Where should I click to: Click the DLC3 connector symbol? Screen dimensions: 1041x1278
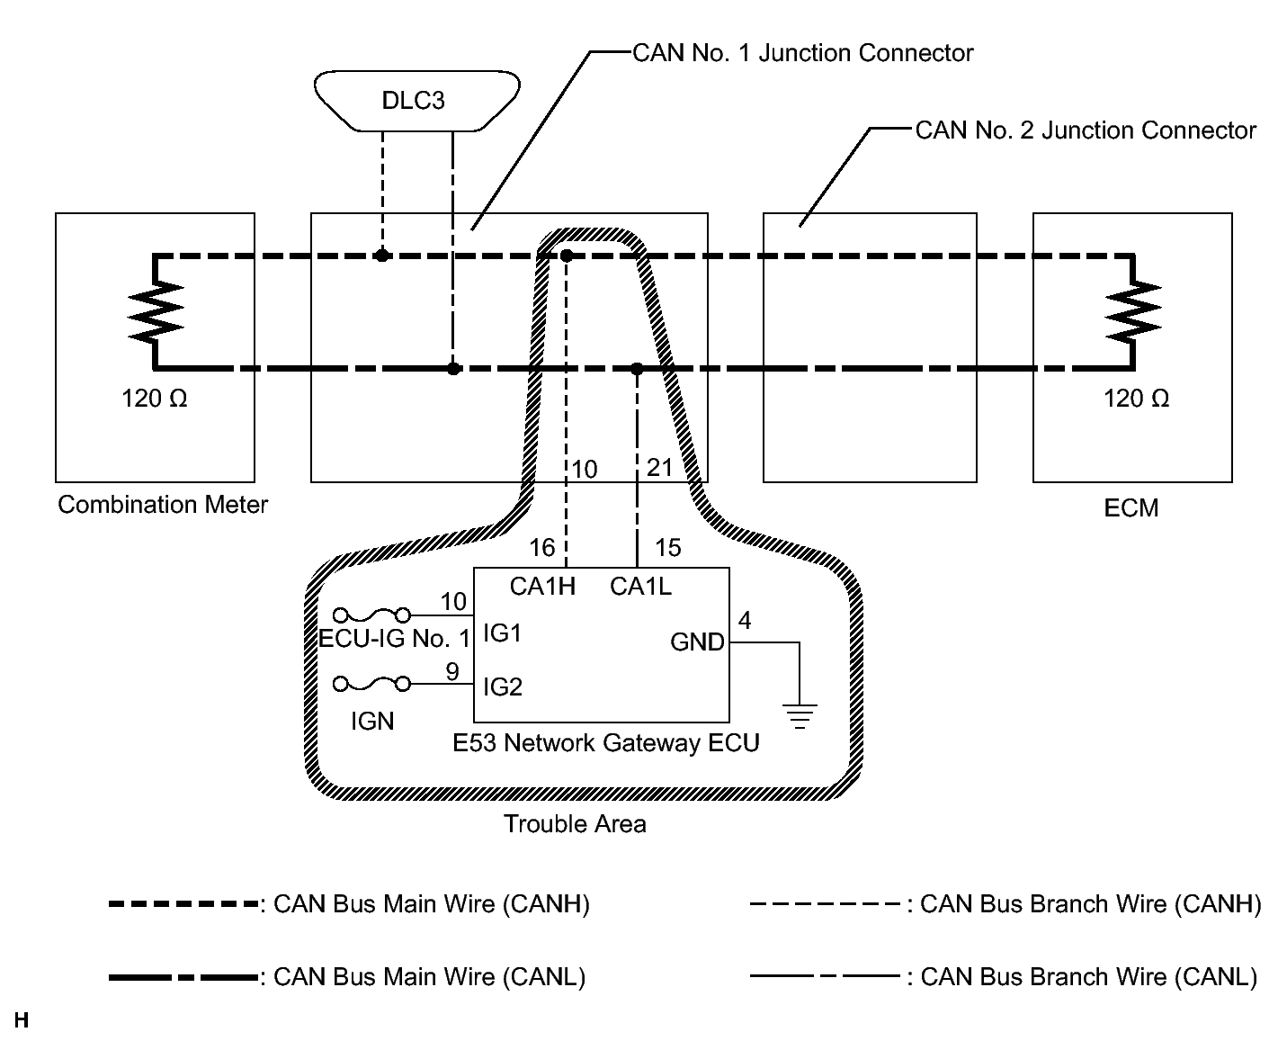[416, 100]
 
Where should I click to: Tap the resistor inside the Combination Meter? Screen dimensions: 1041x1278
[156, 311]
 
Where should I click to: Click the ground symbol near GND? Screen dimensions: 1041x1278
[800, 716]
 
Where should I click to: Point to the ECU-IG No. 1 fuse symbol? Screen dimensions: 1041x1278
[372, 615]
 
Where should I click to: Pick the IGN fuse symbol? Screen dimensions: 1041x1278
[372, 685]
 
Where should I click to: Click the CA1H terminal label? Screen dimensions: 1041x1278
[541, 587]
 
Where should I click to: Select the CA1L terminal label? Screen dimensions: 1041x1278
[640, 587]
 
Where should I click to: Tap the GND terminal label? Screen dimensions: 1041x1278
[697, 642]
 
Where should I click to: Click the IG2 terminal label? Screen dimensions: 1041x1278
[502, 687]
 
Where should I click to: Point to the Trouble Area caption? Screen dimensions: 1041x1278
[575, 823]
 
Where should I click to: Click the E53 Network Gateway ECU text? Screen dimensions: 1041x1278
[605, 743]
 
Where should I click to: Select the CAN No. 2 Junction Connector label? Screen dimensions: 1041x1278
[1085, 130]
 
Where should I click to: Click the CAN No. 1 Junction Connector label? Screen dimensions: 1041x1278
[802, 53]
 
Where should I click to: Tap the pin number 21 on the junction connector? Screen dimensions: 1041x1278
[659, 468]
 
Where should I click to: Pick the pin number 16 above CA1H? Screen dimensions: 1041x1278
[542, 547]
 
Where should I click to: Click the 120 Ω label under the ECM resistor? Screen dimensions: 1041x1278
[1136, 399]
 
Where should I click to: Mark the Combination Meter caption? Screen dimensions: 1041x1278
[163, 504]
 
